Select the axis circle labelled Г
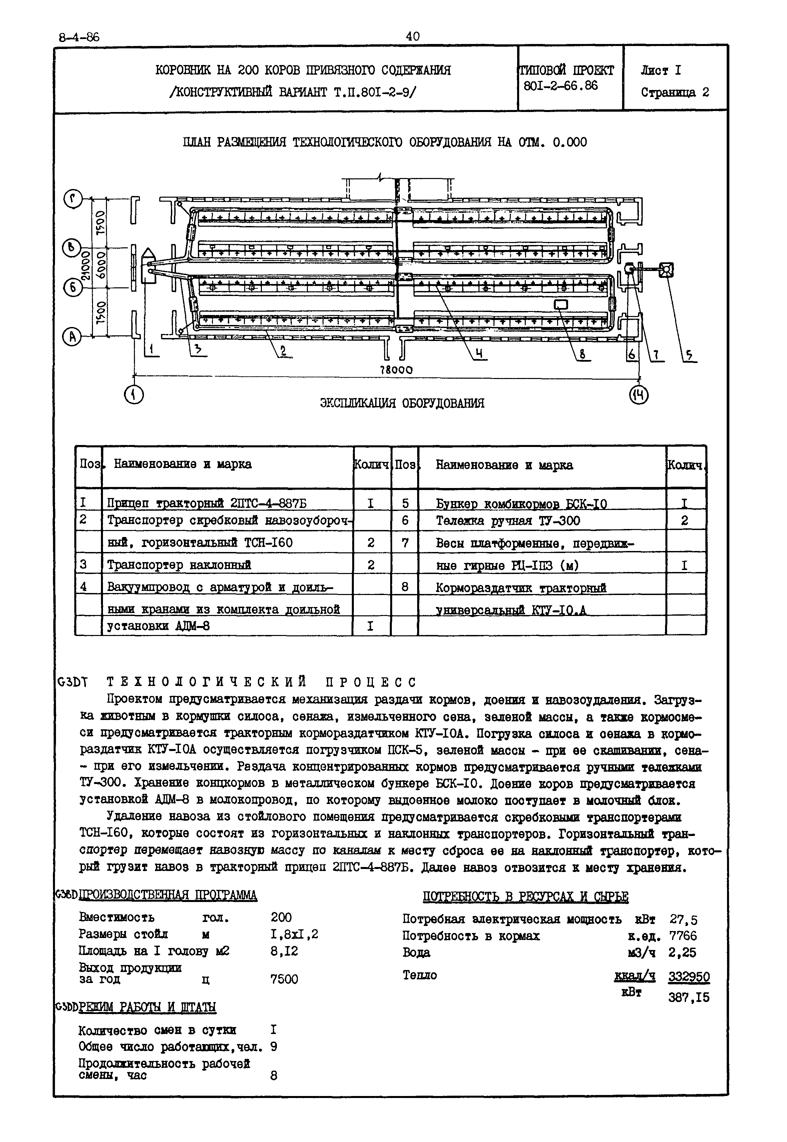(73, 200)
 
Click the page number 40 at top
(413, 36)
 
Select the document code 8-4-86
(79, 37)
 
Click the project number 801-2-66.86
(561, 86)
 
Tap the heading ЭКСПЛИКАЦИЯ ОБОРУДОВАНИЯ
(402, 403)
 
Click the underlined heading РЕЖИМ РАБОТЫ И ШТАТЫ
(148, 1006)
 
